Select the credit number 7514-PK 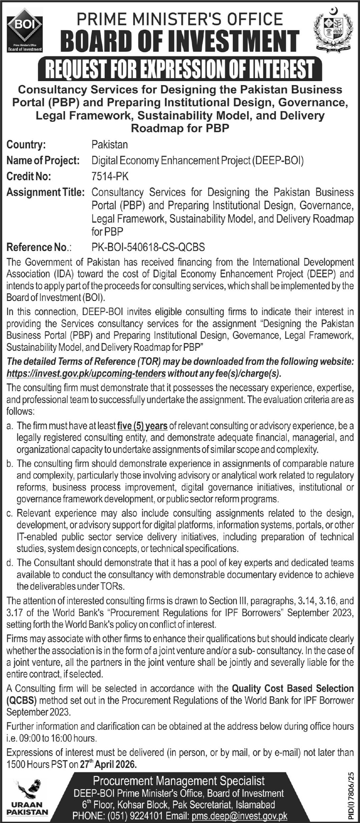pos(110,176)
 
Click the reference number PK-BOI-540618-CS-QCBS pos(148,247)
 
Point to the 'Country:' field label pos(26,145)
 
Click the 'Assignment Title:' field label pos(45,192)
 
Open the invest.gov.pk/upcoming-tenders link pos(86,374)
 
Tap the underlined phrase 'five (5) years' pos(142,426)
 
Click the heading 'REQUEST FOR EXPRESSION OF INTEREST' pos(180,69)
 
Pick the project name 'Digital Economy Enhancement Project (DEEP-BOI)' pos(197,161)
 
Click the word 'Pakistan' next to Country pos(109,145)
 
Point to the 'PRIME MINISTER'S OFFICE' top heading pos(180,19)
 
